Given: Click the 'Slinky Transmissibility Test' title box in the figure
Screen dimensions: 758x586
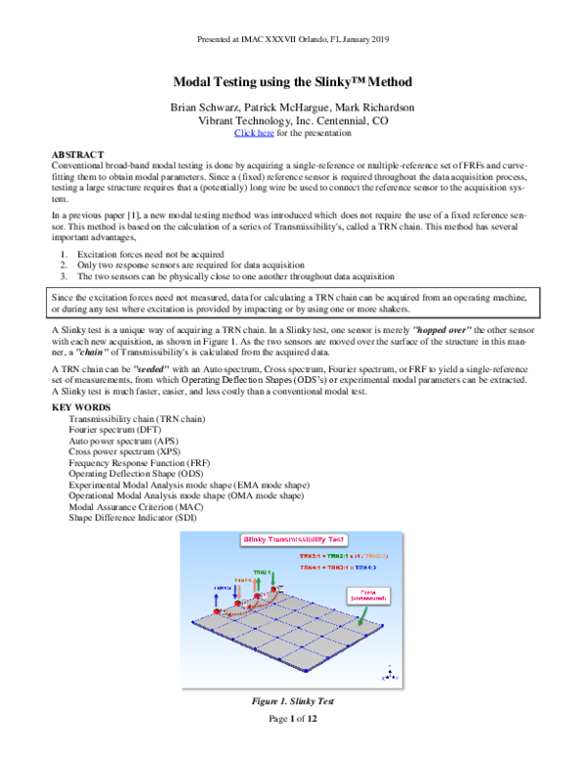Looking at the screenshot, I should click(x=294, y=539).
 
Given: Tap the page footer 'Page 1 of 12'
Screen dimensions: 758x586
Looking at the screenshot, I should click(x=292, y=718).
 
